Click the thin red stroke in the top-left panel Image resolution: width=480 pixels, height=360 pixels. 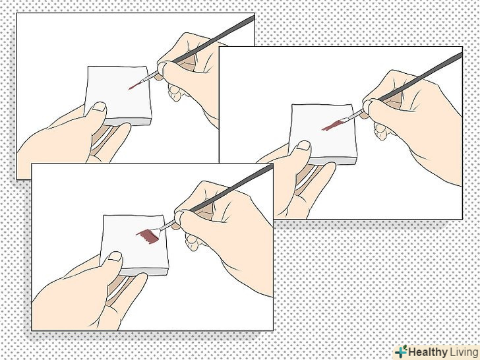pos(135,86)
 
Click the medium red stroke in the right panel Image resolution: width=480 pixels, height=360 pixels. pos(332,125)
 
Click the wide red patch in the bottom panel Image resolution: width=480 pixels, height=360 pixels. pos(148,236)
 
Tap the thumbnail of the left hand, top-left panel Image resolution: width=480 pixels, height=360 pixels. pos(99,107)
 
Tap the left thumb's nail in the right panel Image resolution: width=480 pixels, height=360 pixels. pos(303,146)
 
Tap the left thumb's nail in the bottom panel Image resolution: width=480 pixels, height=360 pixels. pos(115,256)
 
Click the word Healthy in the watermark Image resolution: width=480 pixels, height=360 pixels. pos(428,351)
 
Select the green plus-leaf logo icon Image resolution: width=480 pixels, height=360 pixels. pos(401,351)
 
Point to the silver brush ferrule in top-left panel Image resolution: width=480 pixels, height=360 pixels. pos(150,76)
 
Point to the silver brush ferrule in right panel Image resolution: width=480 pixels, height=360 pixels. pos(356,115)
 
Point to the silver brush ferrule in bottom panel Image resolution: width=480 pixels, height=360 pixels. pos(167,225)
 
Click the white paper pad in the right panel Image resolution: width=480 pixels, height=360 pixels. pos(323,134)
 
